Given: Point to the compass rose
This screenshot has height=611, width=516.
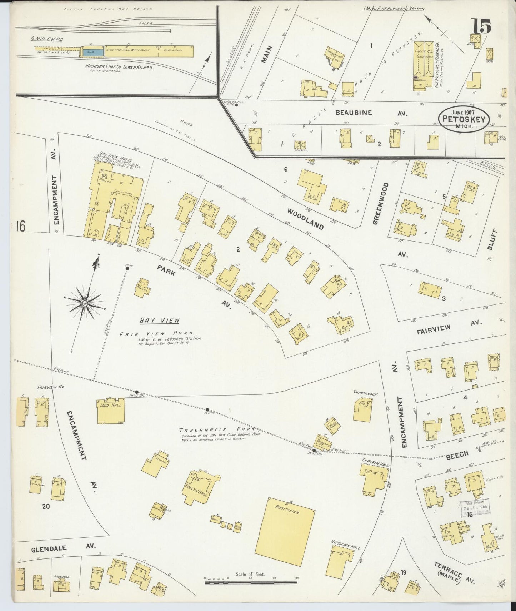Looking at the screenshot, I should click(x=85, y=303).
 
